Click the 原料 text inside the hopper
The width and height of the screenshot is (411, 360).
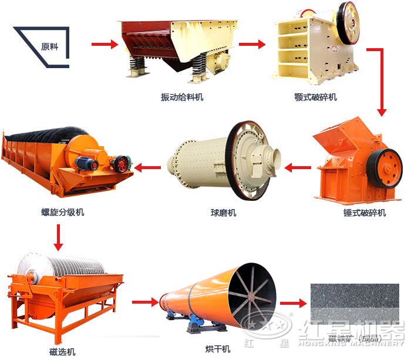[50, 45]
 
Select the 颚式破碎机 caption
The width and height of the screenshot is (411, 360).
[315, 96]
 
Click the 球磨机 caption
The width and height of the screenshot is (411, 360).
[223, 212]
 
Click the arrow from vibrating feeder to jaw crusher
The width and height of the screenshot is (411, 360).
[252, 44]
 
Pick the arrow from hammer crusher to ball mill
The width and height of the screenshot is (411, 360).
[298, 169]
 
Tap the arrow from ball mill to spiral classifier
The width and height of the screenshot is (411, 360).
[147, 169]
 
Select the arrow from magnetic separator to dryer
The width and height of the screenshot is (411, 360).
[144, 303]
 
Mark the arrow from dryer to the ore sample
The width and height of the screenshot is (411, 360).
[294, 303]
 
